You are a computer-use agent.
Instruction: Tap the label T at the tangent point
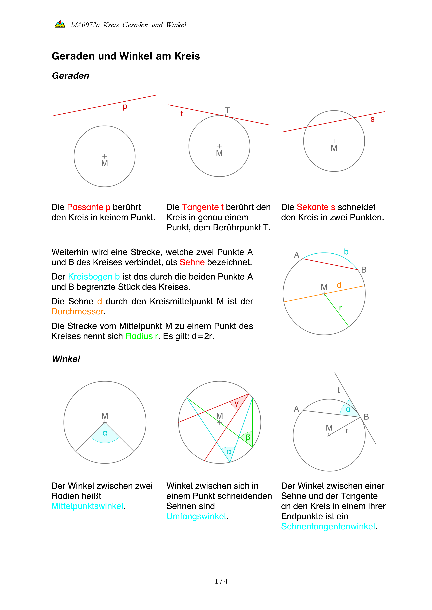click(x=227, y=110)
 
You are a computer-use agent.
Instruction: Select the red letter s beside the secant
click(x=372, y=119)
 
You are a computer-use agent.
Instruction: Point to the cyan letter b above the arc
click(x=346, y=252)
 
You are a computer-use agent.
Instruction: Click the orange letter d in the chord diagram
click(x=339, y=285)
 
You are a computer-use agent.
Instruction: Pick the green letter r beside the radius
click(x=340, y=308)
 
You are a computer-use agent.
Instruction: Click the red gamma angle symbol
click(x=236, y=404)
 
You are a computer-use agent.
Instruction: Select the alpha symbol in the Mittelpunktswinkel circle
click(x=105, y=433)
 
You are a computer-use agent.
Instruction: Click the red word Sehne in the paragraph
click(x=192, y=262)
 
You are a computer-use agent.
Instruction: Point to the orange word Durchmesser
click(x=77, y=311)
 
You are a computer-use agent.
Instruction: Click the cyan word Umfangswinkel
click(x=196, y=516)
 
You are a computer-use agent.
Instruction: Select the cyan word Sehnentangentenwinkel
click(x=328, y=526)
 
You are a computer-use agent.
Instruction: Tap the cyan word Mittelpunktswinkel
click(x=87, y=506)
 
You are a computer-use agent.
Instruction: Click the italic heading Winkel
click(x=66, y=359)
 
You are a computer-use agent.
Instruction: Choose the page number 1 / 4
click(x=221, y=581)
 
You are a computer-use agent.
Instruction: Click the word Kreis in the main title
click(x=187, y=56)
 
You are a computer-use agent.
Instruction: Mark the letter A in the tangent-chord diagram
click(x=296, y=409)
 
